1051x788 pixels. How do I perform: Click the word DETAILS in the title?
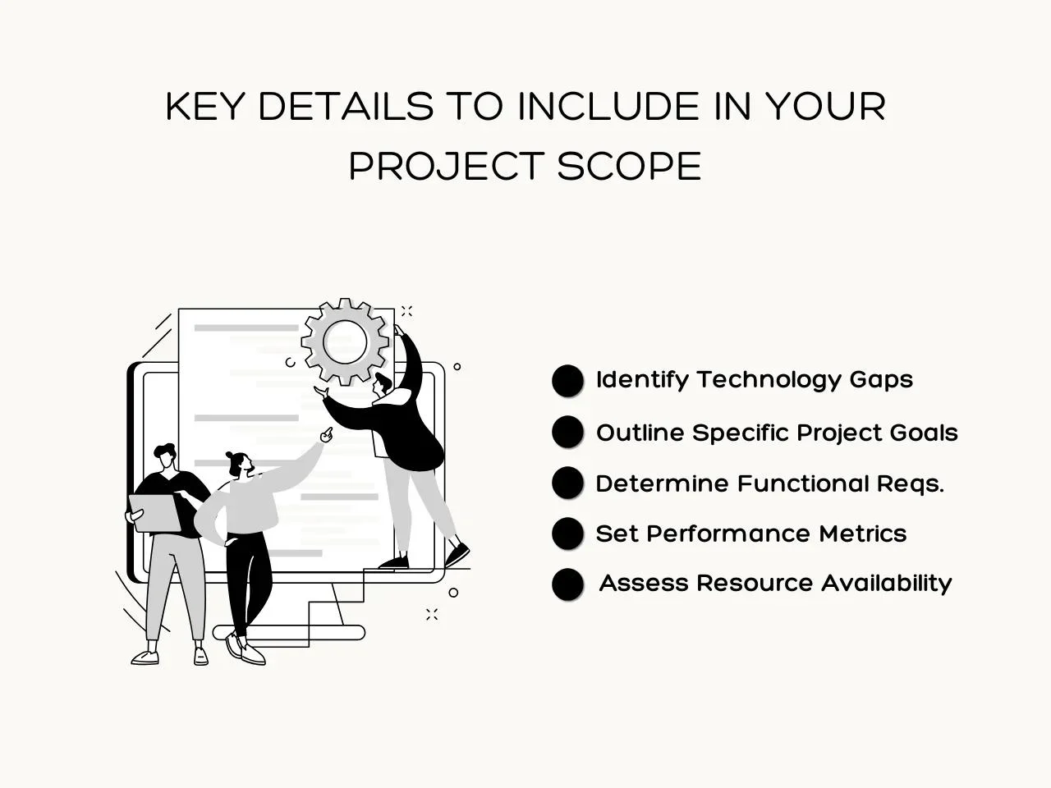tap(346, 106)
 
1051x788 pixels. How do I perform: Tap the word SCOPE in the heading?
tap(629, 166)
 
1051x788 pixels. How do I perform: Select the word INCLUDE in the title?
tap(608, 106)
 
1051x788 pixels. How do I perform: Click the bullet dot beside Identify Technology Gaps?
tap(567, 381)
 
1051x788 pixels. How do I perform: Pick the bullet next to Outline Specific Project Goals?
tap(567, 432)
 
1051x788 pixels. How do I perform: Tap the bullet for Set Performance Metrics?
tap(567, 533)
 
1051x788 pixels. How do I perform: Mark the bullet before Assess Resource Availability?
tap(567, 584)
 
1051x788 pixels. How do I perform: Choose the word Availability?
tap(886, 584)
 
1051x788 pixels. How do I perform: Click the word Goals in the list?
tap(924, 433)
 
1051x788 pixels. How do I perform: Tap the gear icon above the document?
tap(345, 342)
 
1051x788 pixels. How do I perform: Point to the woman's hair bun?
tap(230, 455)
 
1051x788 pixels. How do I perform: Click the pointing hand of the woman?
tap(327, 435)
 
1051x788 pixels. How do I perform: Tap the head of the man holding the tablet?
tap(165, 457)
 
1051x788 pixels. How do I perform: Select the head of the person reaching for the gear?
tap(383, 384)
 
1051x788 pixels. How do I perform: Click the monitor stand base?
tap(289, 632)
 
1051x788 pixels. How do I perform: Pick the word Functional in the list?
tap(803, 483)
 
